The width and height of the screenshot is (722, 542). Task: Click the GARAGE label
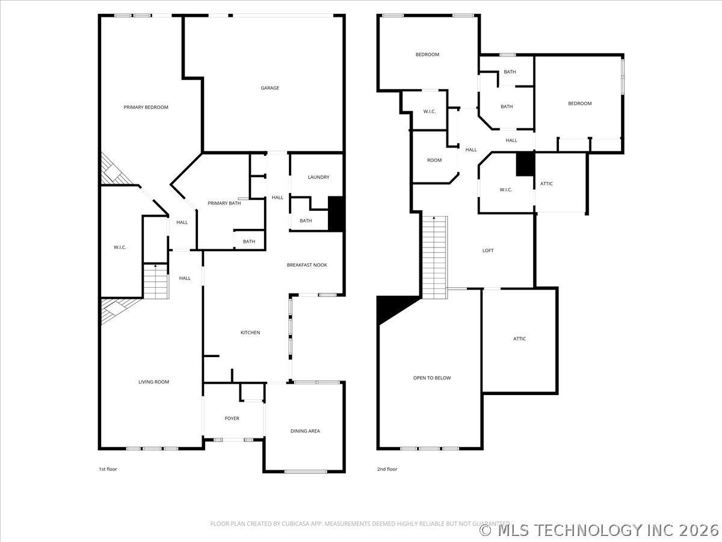tap(270, 88)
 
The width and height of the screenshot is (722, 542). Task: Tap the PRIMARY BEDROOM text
tap(146, 107)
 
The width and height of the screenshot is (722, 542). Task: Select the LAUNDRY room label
tap(318, 177)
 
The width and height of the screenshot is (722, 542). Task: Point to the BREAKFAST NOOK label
tap(307, 265)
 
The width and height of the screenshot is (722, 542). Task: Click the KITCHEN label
tap(250, 332)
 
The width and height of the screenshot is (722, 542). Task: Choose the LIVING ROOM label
tap(153, 382)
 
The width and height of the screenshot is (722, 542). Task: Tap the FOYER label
tap(232, 419)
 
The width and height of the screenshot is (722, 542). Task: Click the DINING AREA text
tap(305, 431)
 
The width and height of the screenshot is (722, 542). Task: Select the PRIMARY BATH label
tap(224, 203)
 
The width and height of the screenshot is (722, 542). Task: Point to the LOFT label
tap(488, 251)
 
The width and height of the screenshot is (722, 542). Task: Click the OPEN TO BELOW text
tap(432, 378)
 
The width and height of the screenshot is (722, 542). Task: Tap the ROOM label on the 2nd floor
tap(434, 160)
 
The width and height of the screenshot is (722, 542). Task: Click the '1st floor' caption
tap(108, 469)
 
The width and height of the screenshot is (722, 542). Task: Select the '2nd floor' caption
tap(387, 469)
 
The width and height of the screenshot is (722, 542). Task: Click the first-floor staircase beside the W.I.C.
tap(156, 281)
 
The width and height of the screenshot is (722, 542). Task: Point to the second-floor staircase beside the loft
tap(434, 257)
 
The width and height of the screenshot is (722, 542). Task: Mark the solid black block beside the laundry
tap(336, 214)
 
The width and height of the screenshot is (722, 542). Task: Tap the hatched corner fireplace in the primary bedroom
tap(114, 169)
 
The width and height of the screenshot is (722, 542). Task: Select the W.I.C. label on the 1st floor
tap(120, 247)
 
